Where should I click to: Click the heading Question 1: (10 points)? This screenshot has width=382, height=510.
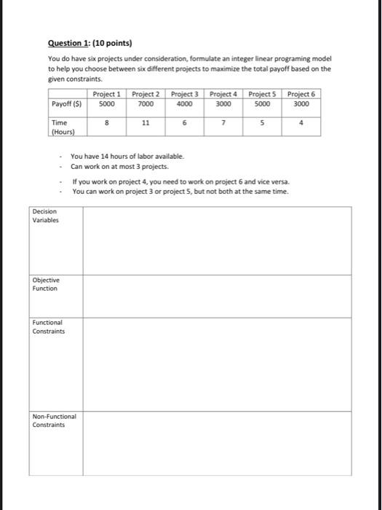[91, 44]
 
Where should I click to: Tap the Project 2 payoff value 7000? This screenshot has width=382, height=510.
[146, 103]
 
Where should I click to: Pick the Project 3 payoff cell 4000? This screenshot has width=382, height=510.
[185, 103]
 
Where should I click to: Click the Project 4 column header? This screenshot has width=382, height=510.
[224, 94]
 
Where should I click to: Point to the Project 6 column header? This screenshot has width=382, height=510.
[301, 94]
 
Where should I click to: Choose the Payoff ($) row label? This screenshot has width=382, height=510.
[66, 103]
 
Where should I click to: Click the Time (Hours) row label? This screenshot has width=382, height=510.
[60, 127]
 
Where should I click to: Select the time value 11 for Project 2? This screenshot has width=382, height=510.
[146, 124]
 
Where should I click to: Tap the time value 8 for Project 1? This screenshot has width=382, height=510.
[107, 124]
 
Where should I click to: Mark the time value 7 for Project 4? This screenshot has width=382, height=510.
[223, 124]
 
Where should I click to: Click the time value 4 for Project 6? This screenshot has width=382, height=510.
[301, 124]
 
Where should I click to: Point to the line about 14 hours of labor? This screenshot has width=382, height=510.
[127, 156]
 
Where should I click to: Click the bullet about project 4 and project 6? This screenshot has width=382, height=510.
[180, 181]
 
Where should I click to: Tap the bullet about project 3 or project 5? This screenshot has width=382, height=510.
[180, 191]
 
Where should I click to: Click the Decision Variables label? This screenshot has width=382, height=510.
[46, 216]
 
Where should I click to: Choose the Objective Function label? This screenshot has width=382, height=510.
[46, 284]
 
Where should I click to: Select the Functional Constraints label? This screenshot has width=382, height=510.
[49, 326]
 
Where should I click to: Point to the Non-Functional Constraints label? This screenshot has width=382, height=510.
[55, 420]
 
